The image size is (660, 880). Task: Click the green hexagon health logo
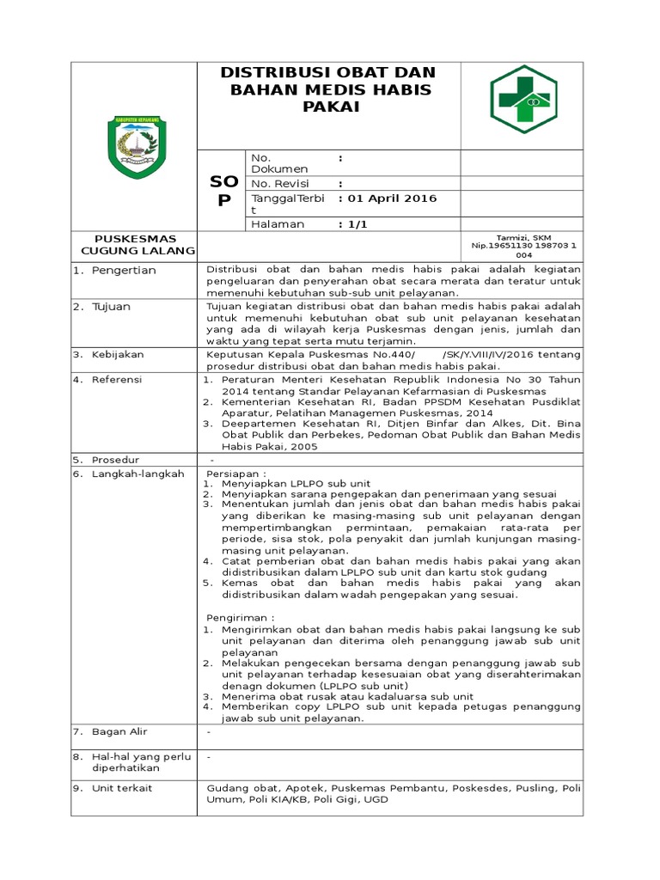coord(523,99)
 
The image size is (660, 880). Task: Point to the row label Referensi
coord(118,378)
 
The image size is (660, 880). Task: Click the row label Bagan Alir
coord(120,732)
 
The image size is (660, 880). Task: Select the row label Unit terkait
coord(123,787)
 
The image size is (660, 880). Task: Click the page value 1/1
coord(351,223)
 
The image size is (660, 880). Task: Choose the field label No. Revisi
coord(279,183)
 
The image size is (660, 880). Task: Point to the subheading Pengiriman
coord(241,617)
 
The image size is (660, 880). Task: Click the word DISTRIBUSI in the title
coord(278,72)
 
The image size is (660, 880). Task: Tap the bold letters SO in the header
coord(223,182)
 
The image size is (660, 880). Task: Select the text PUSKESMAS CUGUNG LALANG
coord(135,244)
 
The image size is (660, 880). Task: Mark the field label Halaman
coord(278,223)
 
